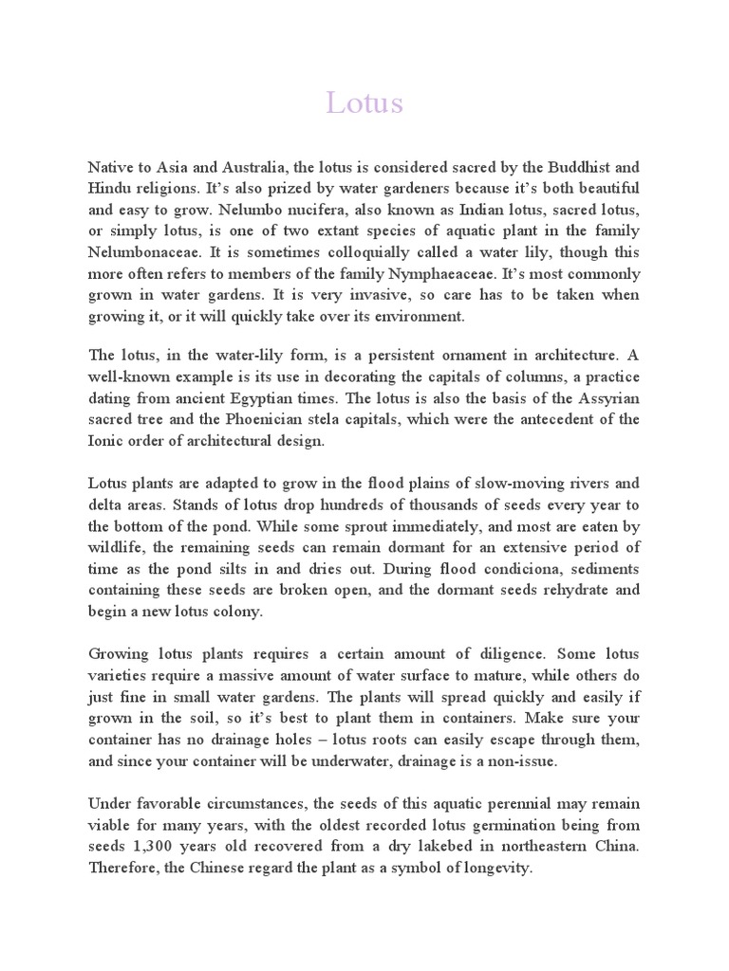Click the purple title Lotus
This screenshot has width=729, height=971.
pos(364,103)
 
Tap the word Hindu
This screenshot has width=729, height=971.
pos(110,188)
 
